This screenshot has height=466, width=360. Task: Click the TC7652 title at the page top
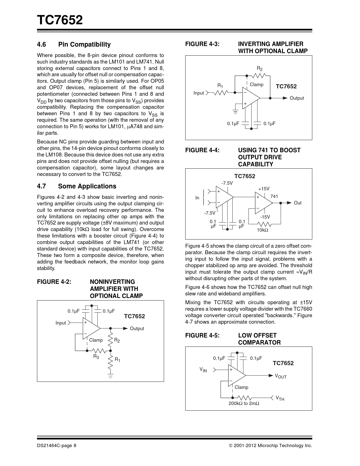[60, 20]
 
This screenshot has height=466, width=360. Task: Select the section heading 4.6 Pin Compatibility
[74, 44]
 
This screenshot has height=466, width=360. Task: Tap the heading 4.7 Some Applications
[77, 186]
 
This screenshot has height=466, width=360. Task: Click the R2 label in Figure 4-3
[259, 69]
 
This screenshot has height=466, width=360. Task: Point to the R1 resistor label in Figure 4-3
[220, 85]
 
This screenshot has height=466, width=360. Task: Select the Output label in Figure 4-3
[296, 98]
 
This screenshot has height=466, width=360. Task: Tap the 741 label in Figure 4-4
[274, 196]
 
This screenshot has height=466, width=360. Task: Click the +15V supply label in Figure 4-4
[264, 189]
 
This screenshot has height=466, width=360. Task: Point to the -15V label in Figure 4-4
[265, 217]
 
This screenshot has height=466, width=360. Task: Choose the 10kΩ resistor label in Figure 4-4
[262, 230]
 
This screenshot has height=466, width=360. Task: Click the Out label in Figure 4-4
[298, 203]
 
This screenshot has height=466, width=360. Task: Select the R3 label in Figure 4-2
[96, 357]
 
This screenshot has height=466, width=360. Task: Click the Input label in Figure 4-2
[61, 323]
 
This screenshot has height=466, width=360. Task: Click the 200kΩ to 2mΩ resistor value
[244, 403]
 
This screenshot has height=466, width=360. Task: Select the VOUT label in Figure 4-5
[281, 376]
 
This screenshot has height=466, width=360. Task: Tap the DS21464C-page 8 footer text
[56, 446]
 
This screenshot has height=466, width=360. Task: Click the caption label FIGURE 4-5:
[202, 335]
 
